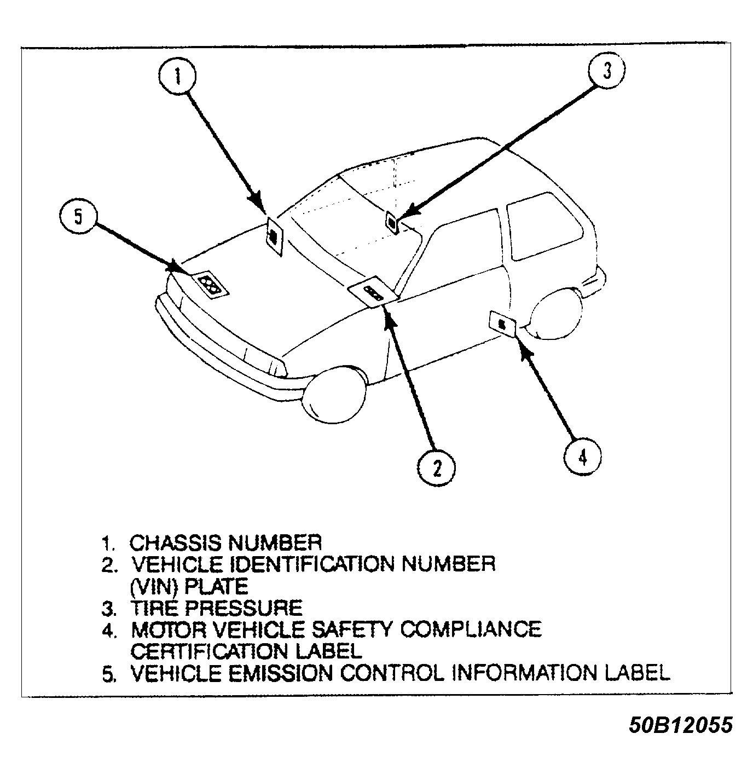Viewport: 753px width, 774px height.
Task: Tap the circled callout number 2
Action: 436,469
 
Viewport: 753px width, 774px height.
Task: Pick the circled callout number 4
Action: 582,456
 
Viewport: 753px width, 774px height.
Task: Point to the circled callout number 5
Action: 78,217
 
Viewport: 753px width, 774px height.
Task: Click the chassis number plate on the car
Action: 274,236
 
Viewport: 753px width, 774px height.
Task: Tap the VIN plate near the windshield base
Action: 374,293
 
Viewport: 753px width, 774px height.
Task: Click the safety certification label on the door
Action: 502,324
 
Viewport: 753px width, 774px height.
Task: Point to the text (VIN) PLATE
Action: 189,586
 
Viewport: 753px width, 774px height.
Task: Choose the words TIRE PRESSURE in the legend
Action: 216,608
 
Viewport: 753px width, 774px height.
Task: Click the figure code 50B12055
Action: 680,725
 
